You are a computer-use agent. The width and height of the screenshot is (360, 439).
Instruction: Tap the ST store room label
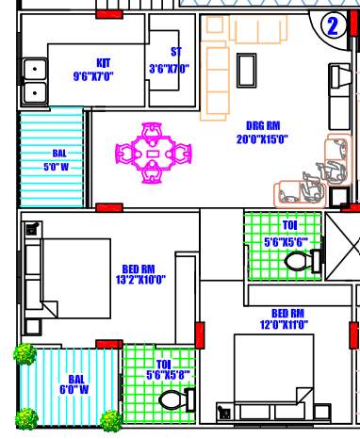tap(171, 60)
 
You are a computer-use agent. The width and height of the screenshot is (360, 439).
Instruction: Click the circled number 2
tap(333, 26)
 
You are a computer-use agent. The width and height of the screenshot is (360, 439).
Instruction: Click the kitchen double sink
tap(36, 80)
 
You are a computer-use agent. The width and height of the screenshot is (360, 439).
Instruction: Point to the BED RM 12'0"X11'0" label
tap(286, 318)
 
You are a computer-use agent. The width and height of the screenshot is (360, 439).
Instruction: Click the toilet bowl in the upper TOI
tap(298, 260)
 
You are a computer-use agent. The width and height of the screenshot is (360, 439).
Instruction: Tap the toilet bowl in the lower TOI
tap(174, 400)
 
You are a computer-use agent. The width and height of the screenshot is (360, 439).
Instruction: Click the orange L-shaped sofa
tap(216, 71)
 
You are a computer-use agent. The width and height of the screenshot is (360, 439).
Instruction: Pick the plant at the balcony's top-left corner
tap(25, 355)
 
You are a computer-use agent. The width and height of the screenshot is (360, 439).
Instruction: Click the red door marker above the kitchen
tap(109, 16)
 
